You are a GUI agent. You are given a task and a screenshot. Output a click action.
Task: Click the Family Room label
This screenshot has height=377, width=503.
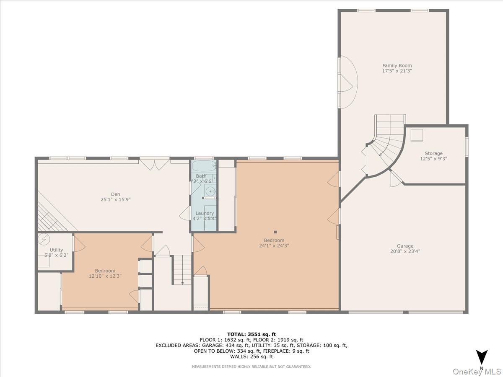(x=397, y=65)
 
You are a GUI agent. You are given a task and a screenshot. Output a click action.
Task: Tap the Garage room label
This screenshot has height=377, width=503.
(x=405, y=246)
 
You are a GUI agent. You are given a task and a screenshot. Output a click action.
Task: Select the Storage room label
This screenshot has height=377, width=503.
(x=433, y=153)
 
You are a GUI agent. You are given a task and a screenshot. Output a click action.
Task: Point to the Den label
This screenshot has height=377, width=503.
(x=115, y=194)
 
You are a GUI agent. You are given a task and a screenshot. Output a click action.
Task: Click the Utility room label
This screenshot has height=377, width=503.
(x=56, y=250)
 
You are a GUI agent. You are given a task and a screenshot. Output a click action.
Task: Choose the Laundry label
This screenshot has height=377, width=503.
(x=204, y=213)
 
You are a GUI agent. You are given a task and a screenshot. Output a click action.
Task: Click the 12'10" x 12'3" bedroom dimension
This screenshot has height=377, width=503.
(x=105, y=276)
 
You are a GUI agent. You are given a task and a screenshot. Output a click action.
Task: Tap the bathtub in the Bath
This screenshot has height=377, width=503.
(x=204, y=166)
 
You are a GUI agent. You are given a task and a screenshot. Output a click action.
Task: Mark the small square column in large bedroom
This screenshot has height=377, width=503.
(x=275, y=232)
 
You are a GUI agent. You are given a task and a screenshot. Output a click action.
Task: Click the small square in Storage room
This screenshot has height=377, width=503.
(x=417, y=134)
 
